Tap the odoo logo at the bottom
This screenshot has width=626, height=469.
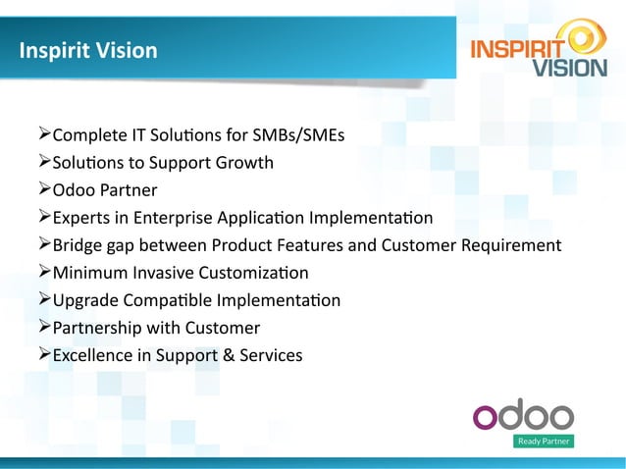click(523, 415)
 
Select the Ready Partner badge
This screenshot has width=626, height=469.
click(543, 442)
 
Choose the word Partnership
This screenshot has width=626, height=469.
click(98, 327)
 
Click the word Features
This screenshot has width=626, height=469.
click(336, 244)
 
